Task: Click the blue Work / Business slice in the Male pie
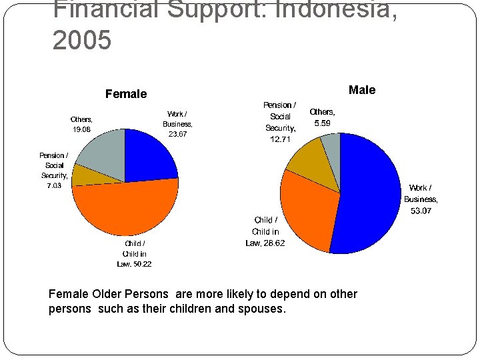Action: [370, 193]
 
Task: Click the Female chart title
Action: [126, 94]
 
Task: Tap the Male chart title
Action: [362, 90]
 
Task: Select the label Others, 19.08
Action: [81, 125]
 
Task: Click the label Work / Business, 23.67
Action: [177, 124]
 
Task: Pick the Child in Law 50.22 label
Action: [134, 254]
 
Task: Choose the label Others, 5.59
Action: [323, 117]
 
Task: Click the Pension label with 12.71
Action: [280, 122]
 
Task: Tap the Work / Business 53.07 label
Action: [421, 199]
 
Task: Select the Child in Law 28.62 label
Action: [265, 231]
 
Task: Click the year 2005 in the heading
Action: [81, 41]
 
